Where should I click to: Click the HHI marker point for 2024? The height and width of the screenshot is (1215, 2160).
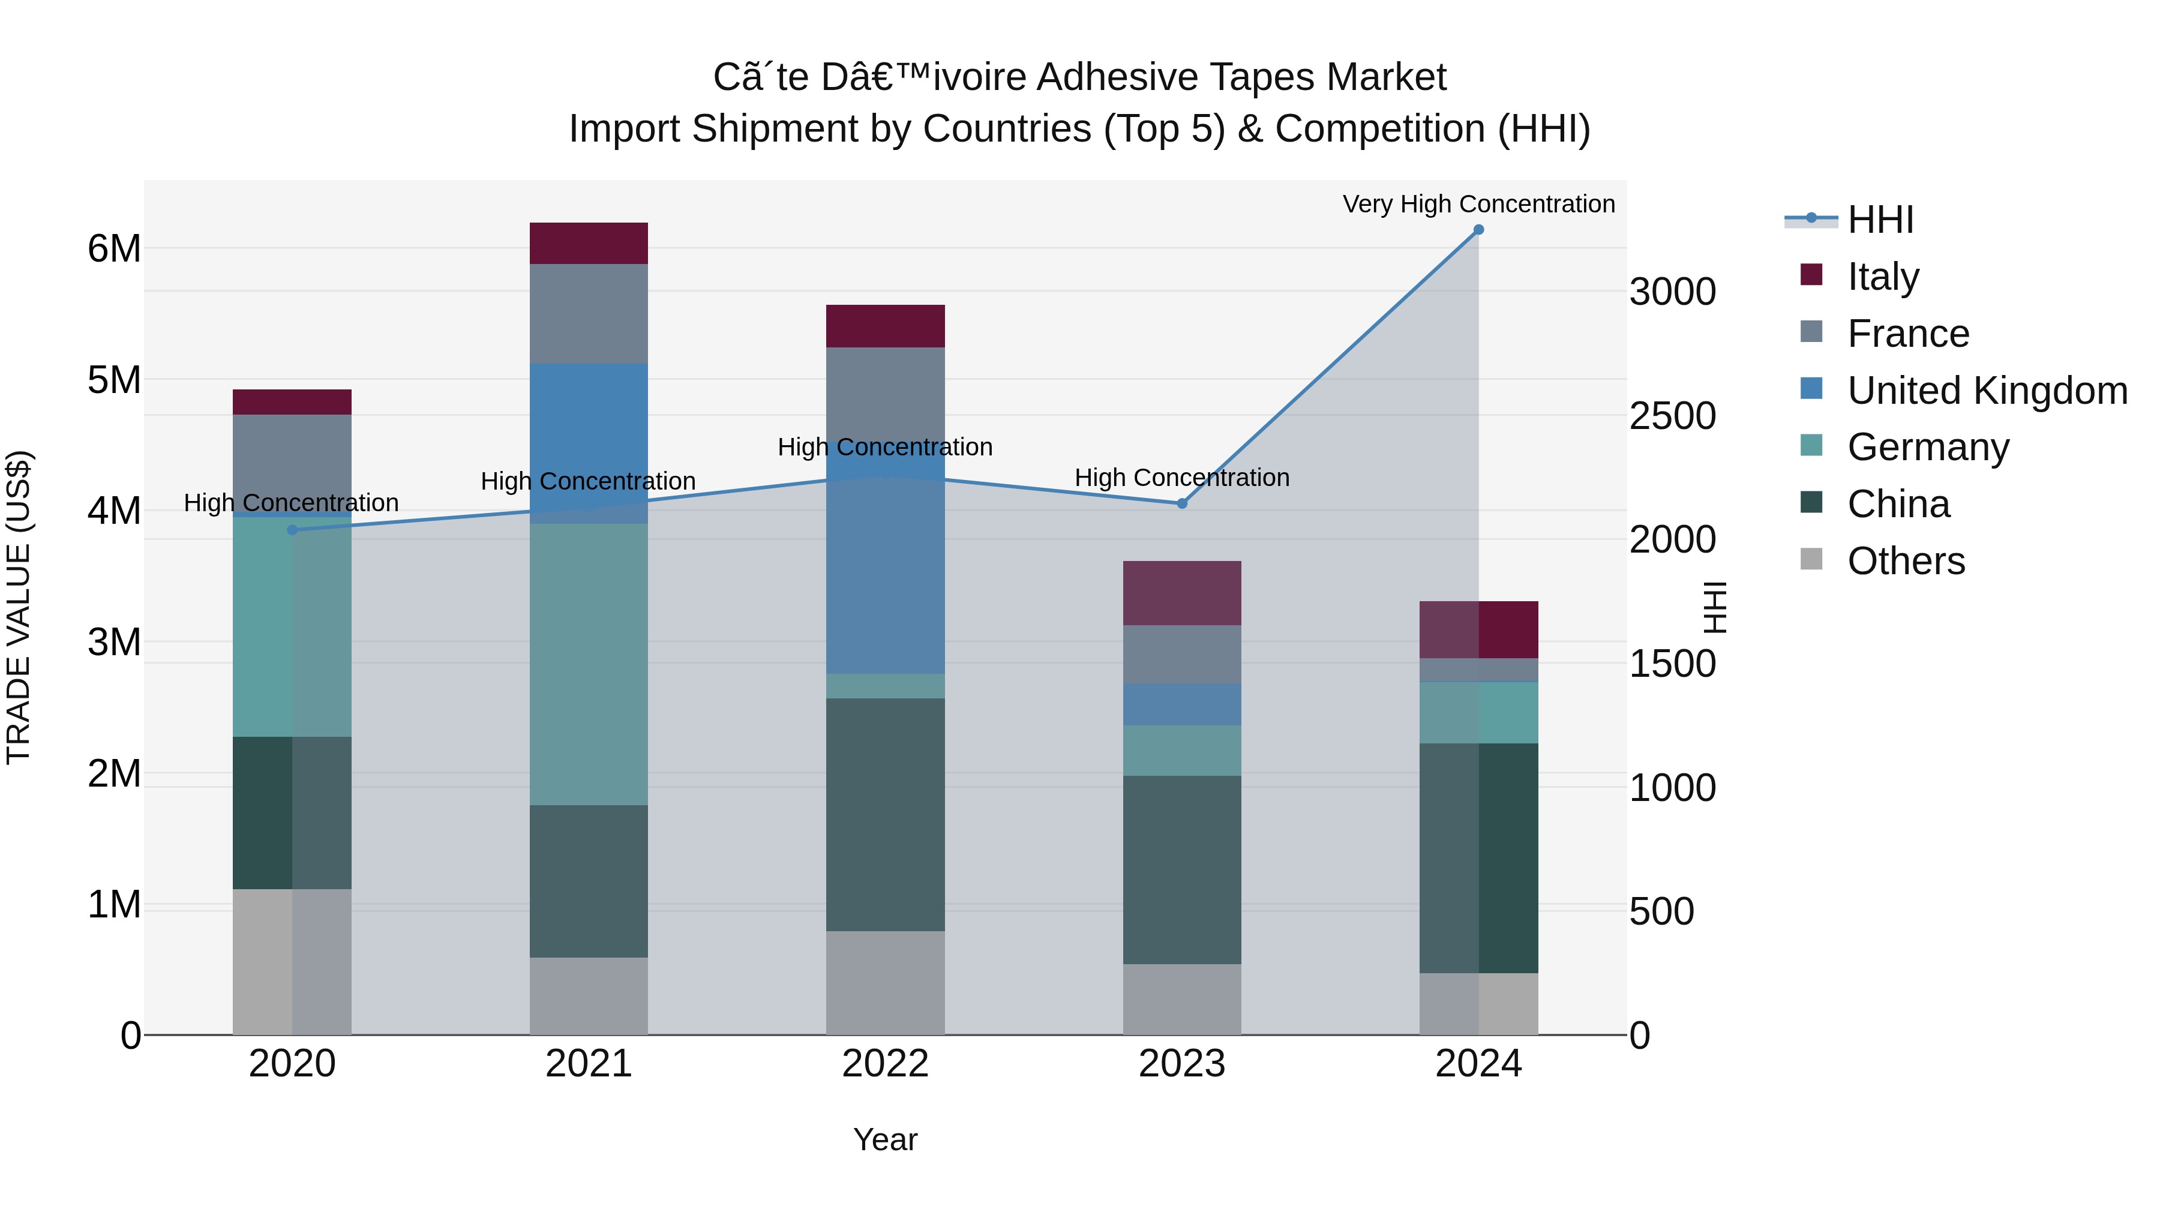[x=1478, y=230]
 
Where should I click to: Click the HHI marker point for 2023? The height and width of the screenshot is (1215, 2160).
[x=1182, y=504]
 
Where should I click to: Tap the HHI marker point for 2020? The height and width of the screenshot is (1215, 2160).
[x=292, y=530]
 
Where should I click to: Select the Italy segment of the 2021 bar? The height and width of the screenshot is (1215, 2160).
[x=589, y=243]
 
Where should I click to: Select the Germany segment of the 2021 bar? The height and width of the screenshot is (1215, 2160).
[x=589, y=664]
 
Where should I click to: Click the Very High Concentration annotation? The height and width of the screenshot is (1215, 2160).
[x=1478, y=204]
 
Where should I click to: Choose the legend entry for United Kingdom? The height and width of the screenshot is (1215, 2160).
[x=1987, y=391]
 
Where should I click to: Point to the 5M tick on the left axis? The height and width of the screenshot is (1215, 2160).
[x=115, y=380]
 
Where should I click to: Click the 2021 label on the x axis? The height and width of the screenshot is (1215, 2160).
[x=589, y=1064]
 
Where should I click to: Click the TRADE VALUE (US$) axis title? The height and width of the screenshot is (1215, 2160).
[x=19, y=607]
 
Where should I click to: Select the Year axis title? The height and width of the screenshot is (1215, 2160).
[x=886, y=1139]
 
